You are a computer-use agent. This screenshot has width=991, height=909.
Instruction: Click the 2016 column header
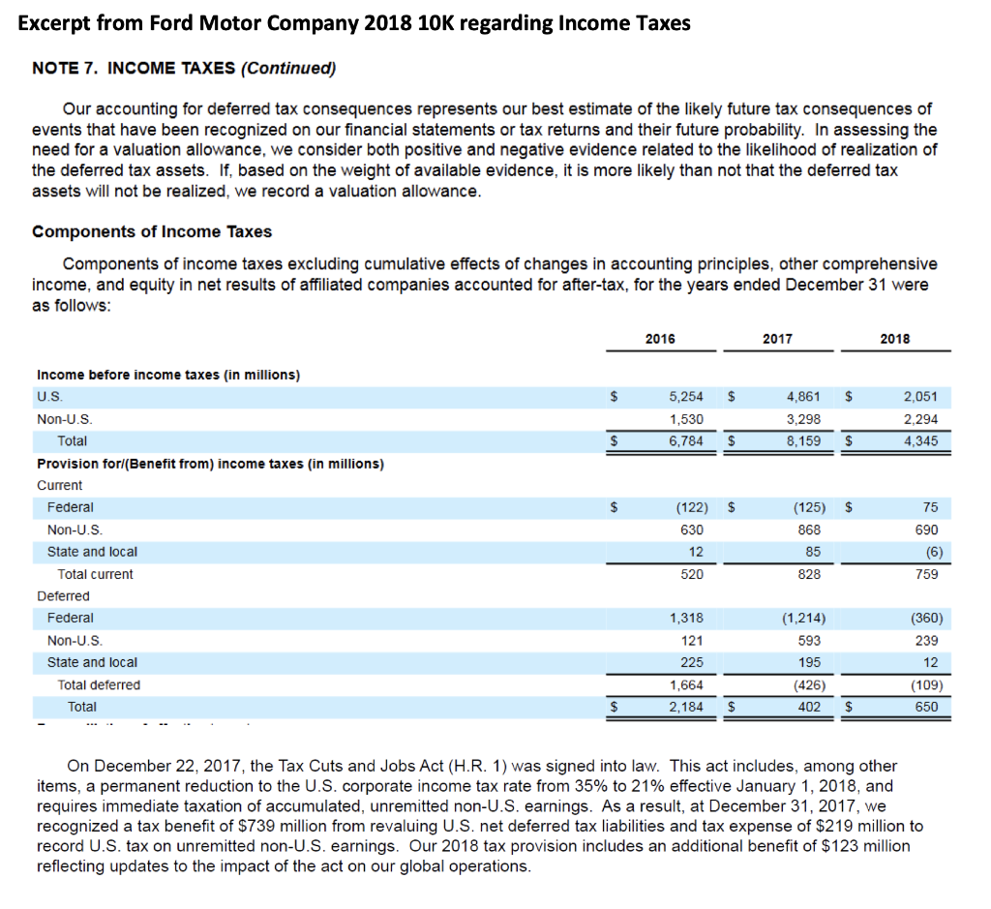click(x=660, y=339)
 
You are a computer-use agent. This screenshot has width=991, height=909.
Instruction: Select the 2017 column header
click(x=777, y=339)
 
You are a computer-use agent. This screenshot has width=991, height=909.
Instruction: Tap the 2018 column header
click(x=895, y=339)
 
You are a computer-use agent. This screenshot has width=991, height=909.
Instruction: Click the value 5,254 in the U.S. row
click(x=686, y=397)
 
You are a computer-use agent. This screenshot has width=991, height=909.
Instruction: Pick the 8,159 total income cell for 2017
click(x=803, y=440)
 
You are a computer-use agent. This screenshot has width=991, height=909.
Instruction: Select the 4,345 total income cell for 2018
click(x=919, y=440)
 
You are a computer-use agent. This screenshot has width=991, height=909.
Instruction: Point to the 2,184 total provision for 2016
click(x=686, y=707)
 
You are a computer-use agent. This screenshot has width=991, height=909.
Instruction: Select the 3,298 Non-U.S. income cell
click(x=803, y=419)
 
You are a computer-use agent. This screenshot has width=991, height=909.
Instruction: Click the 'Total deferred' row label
click(x=99, y=684)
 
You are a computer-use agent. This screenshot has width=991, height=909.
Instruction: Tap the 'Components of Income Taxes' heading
click(x=152, y=231)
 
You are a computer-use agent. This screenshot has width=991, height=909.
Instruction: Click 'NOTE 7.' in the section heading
click(x=66, y=68)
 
